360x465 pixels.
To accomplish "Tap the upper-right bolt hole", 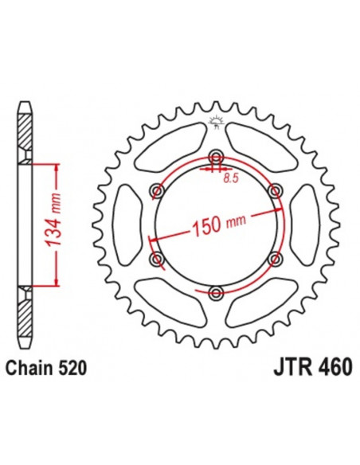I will (276, 191).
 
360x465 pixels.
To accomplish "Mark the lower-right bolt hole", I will (276, 260).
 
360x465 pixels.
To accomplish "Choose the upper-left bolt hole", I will (156, 191).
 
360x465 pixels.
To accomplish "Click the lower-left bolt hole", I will (156, 260).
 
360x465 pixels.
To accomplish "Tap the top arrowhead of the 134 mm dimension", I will (55, 167).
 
